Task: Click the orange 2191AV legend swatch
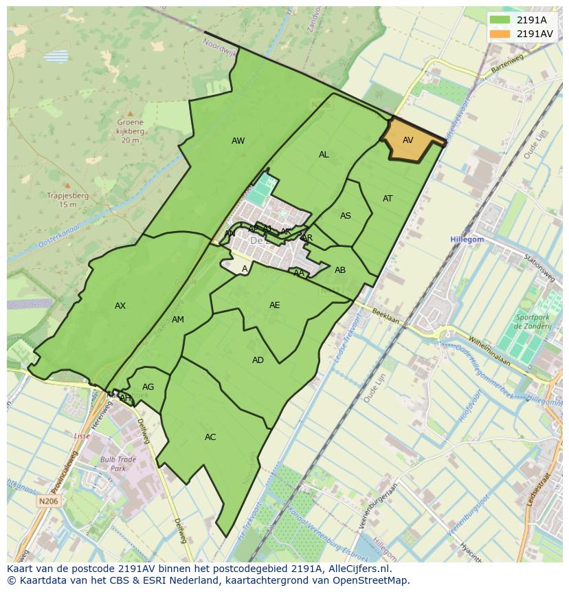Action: (x=500, y=33)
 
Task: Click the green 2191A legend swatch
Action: (x=500, y=20)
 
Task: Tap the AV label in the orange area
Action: (x=408, y=140)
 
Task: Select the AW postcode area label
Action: (x=238, y=141)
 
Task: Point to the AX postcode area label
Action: (x=120, y=306)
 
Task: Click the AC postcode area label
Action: (x=210, y=437)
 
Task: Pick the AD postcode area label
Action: (x=258, y=360)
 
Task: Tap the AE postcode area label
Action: (x=275, y=305)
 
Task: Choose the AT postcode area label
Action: (x=388, y=199)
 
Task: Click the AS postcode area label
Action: (x=346, y=216)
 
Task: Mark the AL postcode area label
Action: (x=324, y=155)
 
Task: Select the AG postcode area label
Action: (x=148, y=387)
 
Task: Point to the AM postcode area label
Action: (x=178, y=320)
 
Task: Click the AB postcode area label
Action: (x=340, y=270)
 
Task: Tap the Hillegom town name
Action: (x=467, y=239)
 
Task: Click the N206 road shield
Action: (x=47, y=502)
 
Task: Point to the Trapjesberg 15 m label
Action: (x=67, y=200)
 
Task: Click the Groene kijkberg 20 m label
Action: (x=130, y=131)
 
